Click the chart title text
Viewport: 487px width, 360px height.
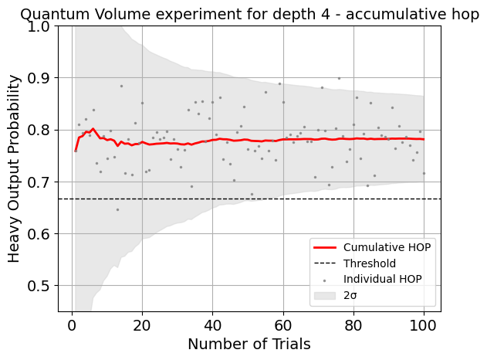249,15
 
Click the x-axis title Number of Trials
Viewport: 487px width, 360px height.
249,344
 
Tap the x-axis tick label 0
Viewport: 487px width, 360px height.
72,323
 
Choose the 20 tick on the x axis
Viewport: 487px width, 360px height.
142,323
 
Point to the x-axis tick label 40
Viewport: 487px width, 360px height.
213,323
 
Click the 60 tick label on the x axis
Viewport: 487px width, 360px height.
283,323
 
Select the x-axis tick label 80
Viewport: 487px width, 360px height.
353,323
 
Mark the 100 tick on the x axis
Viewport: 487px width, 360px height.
424,323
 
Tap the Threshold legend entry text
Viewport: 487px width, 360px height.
370,263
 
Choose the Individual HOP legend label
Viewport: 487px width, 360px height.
383,279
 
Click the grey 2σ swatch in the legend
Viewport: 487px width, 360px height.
326,295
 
